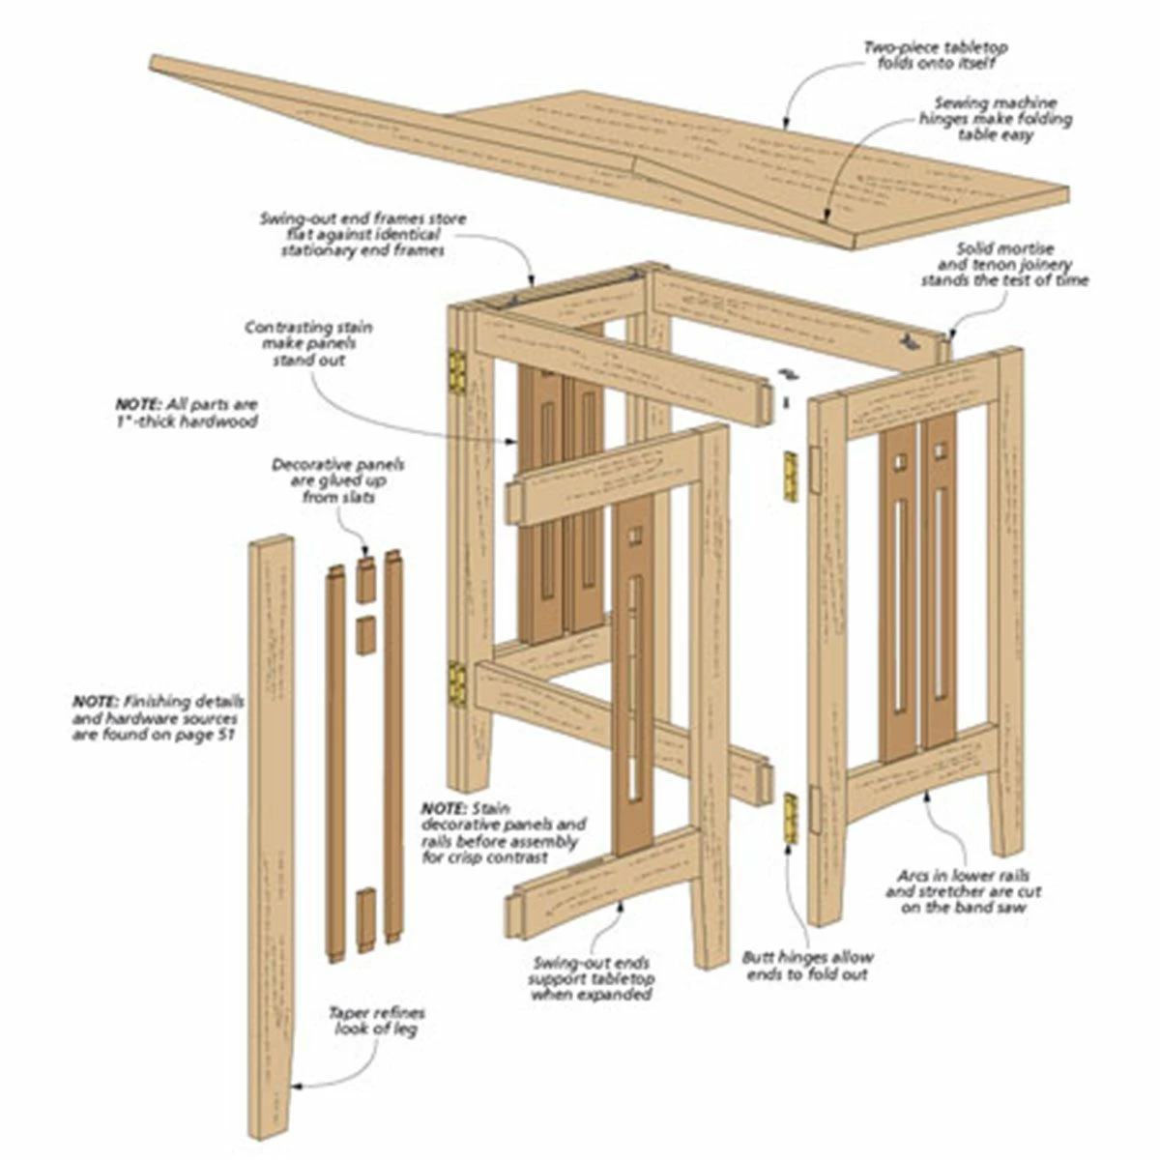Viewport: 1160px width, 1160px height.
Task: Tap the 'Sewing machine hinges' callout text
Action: (995, 119)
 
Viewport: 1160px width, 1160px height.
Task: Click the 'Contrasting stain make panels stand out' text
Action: (308, 343)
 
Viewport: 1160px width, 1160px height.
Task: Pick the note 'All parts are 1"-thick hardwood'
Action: (186, 413)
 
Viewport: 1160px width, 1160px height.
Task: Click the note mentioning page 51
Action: (159, 717)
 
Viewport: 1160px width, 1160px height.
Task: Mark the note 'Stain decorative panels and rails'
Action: (503, 832)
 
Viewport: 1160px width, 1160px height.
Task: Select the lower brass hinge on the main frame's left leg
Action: (455, 682)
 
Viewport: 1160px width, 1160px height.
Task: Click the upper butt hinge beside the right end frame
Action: (790, 477)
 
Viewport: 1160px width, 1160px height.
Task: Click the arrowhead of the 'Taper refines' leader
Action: (299, 1087)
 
